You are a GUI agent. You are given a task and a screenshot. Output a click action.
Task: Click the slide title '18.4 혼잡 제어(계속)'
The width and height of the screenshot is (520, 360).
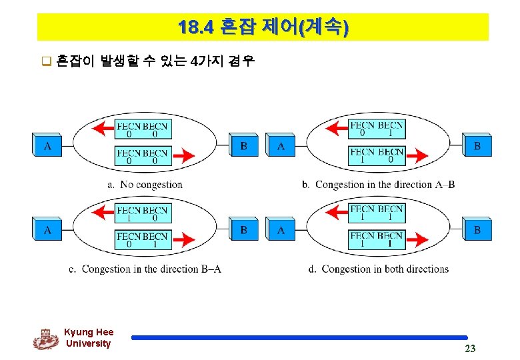(263, 27)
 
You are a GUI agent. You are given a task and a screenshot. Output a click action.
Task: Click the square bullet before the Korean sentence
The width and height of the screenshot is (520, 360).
(47, 64)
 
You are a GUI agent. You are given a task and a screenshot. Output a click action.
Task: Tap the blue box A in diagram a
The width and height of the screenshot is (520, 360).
(47, 145)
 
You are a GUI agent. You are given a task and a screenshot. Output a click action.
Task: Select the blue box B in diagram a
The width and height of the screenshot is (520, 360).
(244, 145)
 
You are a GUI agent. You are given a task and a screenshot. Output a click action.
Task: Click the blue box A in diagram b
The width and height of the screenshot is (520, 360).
(281, 145)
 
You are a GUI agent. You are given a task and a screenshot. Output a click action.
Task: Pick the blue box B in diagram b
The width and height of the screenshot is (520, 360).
(477, 145)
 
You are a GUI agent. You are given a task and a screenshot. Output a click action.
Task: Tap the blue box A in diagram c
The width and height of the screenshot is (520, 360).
(47, 230)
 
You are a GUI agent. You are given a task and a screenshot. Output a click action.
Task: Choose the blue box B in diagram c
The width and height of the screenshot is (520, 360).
(244, 230)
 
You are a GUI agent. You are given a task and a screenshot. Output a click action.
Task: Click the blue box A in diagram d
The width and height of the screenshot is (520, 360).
(281, 230)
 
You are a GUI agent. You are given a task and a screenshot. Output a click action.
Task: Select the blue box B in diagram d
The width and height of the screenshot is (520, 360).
(477, 230)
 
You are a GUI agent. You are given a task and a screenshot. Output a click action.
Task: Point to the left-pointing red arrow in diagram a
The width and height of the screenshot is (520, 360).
(103, 129)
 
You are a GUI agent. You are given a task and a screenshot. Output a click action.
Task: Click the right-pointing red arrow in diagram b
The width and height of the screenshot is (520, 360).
(417, 156)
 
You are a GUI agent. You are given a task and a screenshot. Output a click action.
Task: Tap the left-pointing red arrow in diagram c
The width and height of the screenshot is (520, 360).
(103, 213)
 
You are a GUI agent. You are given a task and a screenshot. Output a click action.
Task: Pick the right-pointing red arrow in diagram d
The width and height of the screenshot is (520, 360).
(417, 240)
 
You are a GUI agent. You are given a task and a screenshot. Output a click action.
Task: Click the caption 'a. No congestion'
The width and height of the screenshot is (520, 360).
(145, 185)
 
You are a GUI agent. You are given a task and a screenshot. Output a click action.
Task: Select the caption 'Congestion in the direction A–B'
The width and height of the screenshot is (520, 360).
(385, 185)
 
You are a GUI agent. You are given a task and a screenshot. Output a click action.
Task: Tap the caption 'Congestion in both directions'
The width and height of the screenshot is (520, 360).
(385, 269)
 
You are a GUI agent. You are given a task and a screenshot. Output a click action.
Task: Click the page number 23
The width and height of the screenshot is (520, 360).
(470, 349)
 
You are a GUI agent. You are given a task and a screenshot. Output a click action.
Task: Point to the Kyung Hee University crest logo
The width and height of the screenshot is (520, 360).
(45, 339)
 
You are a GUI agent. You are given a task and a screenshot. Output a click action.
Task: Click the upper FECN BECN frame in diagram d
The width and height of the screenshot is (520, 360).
(377, 213)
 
